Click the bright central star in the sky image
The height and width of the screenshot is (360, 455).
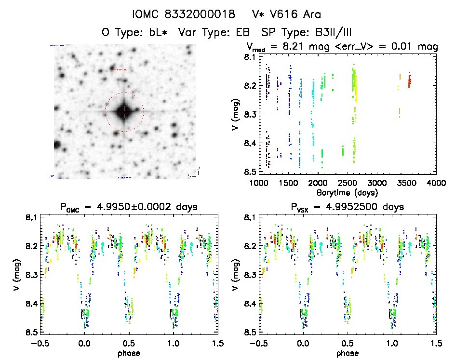click(x=124, y=112)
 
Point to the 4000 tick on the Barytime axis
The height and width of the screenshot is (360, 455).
click(x=436, y=183)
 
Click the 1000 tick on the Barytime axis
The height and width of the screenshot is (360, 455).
click(x=259, y=183)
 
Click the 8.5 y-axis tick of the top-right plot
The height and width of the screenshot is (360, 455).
click(x=249, y=172)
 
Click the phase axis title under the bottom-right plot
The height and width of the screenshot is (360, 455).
click(x=348, y=353)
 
